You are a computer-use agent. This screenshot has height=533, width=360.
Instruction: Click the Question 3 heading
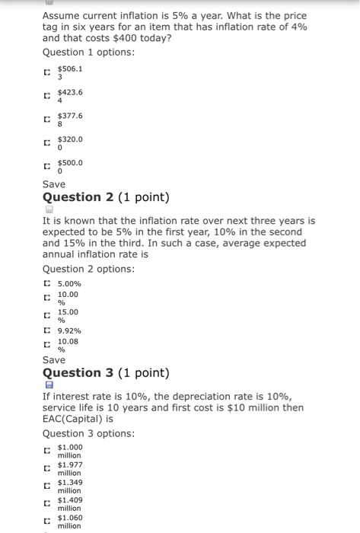(x=106, y=373)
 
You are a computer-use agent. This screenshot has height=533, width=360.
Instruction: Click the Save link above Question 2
(x=54, y=184)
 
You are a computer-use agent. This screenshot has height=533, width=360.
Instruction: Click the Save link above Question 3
(x=54, y=359)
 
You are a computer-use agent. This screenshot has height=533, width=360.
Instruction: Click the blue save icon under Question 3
(x=49, y=385)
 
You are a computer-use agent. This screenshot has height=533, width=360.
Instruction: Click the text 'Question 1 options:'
(x=88, y=52)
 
